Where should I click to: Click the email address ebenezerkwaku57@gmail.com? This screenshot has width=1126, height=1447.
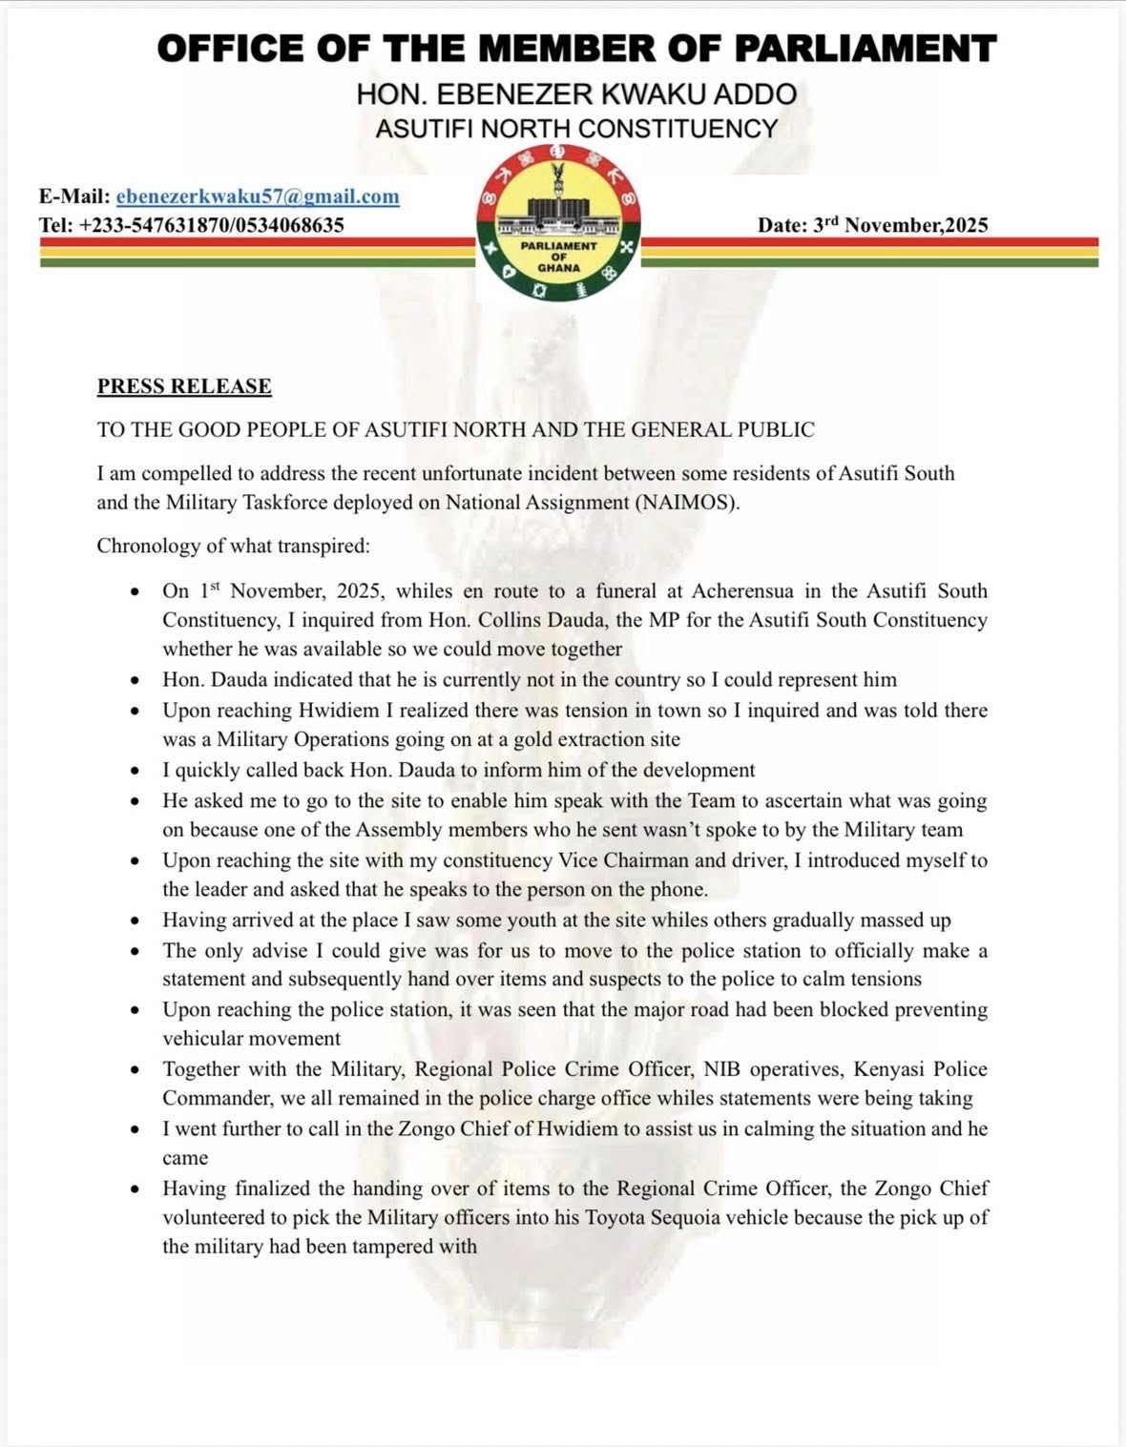(258, 196)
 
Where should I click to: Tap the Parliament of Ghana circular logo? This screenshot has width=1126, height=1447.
(559, 223)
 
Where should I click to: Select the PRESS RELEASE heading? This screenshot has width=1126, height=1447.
(184, 386)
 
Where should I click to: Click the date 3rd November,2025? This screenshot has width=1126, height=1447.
(873, 225)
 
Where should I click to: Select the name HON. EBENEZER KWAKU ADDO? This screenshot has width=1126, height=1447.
(576, 93)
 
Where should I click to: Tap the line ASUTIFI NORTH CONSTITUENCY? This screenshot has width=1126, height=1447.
(576, 128)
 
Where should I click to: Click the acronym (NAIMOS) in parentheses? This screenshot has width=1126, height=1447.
(686, 503)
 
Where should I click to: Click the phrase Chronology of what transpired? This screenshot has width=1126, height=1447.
(233, 546)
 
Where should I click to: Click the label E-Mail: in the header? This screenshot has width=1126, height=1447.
(73, 196)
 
